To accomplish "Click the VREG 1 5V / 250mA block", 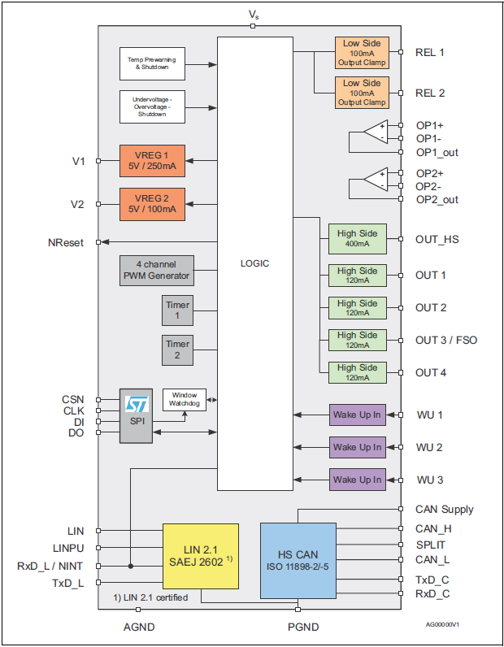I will click(152, 160).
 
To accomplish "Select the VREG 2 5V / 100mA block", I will click(152, 204).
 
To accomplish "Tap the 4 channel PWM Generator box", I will click(157, 270).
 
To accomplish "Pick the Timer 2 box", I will click(177, 350).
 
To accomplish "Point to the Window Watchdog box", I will click(184, 399).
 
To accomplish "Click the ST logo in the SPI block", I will click(136, 404).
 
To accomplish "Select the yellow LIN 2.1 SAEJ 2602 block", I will click(201, 556).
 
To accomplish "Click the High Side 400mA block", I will click(357, 239).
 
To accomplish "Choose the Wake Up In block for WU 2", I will click(357, 447).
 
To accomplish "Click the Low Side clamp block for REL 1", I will click(361, 52).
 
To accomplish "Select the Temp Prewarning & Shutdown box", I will click(152, 63).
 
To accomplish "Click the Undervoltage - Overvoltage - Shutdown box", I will click(152, 106).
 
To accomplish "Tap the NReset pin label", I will click(66, 242).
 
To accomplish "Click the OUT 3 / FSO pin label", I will click(446, 340).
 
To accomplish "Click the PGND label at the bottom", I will click(303, 627).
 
